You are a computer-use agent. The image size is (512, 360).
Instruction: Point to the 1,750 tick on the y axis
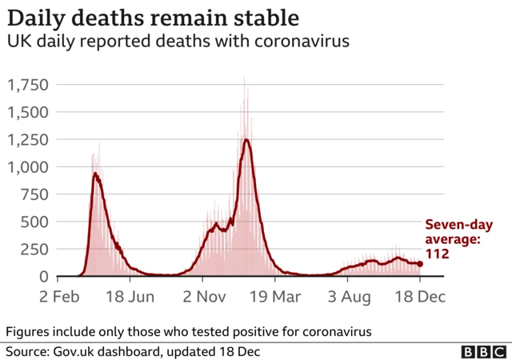(x=28, y=86)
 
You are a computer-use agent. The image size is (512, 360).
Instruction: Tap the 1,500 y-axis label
(x=28, y=113)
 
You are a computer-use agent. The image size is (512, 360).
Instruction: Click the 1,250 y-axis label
(x=28, y=140)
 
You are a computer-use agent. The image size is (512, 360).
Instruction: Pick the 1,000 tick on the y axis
(x=28, y=167)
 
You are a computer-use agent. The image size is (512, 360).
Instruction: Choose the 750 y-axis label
(x=34, y=194)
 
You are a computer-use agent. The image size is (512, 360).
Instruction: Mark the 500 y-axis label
(x=34, y=222)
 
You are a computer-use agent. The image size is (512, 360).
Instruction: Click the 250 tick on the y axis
(x=34, y=249)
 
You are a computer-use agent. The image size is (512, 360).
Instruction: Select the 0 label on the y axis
(x=43, y=277)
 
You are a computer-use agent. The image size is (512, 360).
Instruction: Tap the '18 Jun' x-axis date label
(x=130, y=297)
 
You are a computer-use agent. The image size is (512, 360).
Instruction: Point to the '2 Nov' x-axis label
(x=202, y=297)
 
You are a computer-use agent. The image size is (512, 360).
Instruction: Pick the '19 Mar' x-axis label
(x=275, y=297)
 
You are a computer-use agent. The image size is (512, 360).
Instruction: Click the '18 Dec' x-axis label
(x=419, y=297)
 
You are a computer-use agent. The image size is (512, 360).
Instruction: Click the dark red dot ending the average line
(x=420, y=263)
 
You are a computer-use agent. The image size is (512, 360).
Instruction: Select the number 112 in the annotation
(x=436, y=254)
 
